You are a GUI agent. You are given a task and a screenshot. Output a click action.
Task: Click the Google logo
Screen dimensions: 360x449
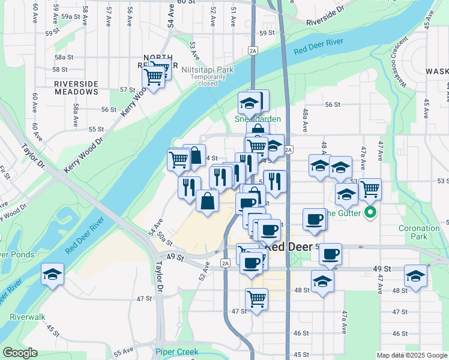[19, 353]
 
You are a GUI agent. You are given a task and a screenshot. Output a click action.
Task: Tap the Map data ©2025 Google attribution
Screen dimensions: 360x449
[411, 355]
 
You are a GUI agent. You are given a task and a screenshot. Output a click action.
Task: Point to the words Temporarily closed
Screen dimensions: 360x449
[208, 80]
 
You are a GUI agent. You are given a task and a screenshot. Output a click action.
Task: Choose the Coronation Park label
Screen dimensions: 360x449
[419, 232]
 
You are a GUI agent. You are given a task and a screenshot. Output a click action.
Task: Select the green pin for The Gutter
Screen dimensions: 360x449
[370, 212]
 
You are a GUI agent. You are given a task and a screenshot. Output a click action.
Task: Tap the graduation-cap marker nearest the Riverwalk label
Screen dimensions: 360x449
[53, 275]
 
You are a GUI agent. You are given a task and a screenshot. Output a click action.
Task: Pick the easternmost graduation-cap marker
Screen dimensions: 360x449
[415, 276]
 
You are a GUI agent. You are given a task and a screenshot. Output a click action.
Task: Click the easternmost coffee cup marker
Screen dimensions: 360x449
[330, 254]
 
